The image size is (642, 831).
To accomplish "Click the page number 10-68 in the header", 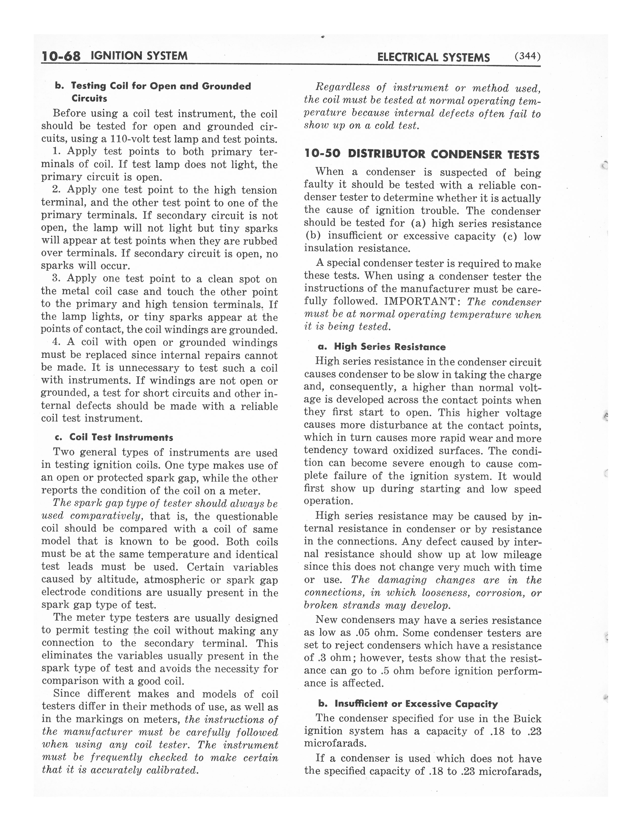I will (61, 56).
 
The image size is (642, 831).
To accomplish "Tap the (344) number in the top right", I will (527, 56).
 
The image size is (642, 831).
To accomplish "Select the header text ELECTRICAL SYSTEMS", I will (433, 57).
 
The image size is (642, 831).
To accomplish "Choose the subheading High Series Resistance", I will (389, 347).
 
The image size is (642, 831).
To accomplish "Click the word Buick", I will (527, 718).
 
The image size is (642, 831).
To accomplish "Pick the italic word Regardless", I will (343, 88).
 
